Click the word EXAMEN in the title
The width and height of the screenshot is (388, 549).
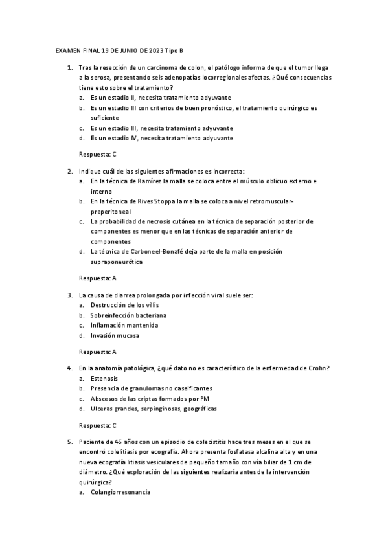tap(66, 50)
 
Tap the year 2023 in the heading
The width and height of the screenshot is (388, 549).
tap(155, 50)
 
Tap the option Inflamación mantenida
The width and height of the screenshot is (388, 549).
tap(124, 325)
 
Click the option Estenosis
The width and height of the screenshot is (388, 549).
tap(104, 378)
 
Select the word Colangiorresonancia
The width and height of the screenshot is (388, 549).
tap(120, 493)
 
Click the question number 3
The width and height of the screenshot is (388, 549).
tap(69, 295)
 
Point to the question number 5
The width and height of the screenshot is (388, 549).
tap(69, 440)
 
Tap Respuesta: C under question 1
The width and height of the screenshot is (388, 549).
tap(97, 154)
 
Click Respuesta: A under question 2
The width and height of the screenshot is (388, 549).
tap(97, 278)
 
